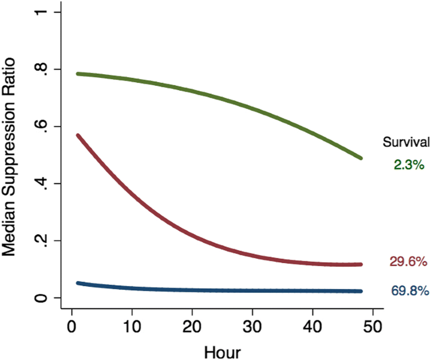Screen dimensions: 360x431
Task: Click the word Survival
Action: click(x=406, y=142)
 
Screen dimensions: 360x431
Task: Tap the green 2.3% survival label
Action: click(x=408, y=164)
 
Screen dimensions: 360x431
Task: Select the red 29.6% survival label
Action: click(x=408, y=262)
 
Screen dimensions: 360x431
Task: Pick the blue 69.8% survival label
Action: click(x=410, y=291)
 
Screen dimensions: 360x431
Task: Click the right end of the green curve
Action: click(x=361, y=158)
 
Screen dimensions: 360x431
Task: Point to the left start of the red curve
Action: click(x=79, y=135)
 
